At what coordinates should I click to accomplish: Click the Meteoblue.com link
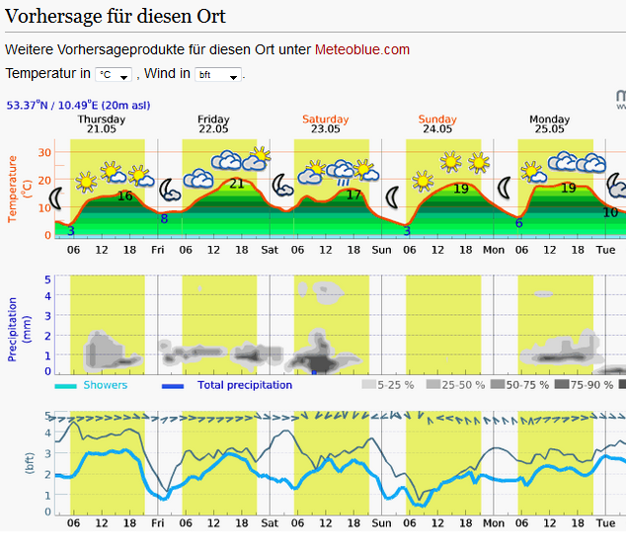(361, 49)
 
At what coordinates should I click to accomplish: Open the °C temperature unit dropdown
(114, 75)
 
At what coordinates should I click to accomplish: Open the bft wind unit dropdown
(218, 75)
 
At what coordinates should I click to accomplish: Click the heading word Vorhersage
(55, 17)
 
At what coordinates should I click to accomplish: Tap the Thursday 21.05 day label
(101, 122)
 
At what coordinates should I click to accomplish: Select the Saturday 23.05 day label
(325, 122)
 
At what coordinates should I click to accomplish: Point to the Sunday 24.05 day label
(437, 122)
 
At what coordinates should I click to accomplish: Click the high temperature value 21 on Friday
(237, 183)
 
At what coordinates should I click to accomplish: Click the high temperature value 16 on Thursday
(124, 196)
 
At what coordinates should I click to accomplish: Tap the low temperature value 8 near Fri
(164, 218)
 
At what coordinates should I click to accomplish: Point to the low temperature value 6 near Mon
(518, 222)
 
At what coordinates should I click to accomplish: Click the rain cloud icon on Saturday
(342, 172)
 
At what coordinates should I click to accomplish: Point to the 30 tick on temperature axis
(44, 152)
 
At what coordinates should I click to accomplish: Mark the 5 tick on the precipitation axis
(46, 279)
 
